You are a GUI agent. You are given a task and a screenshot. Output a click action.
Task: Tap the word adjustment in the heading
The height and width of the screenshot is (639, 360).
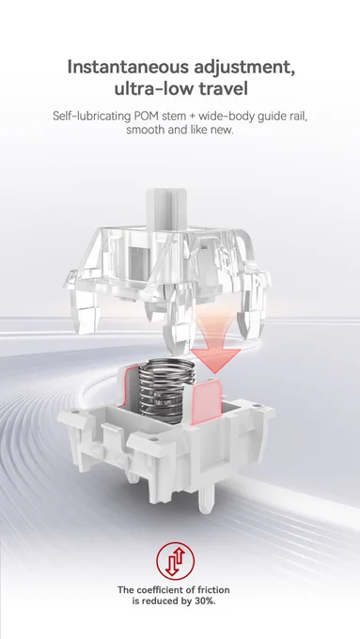tap(244, 68)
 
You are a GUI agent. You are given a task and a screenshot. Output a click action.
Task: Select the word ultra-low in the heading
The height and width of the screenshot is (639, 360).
tap(153, 88)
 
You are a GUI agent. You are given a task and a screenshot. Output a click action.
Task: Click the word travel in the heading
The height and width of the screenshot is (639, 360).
tap(224, 88)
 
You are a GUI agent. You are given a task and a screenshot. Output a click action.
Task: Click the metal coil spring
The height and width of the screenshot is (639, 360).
tap(166, 390)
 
